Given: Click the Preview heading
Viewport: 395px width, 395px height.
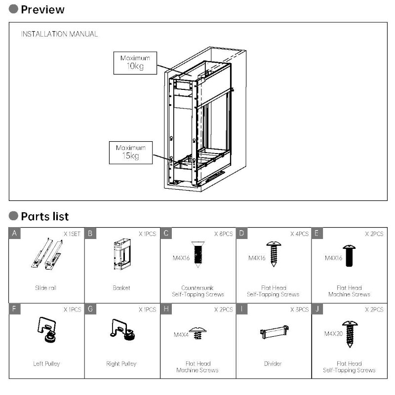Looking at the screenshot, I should tap(42, 9).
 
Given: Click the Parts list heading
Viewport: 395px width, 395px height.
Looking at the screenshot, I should tap(44, 216).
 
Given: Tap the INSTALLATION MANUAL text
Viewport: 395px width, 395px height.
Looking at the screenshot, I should tap(59, 34).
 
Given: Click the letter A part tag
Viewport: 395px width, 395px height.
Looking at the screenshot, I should tap(15, 234).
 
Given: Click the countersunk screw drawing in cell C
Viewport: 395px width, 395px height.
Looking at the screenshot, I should tap(197, 255).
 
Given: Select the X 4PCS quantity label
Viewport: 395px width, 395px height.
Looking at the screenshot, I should tap(299, 234).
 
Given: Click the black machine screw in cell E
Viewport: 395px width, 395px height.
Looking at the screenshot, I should tap(349, 256).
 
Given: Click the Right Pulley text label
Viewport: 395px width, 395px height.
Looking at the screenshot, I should tap(121, 364).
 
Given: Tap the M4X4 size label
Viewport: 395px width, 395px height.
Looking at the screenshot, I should tap(181, 334).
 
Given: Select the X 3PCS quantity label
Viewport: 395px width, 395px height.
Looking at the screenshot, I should tap(299, 310).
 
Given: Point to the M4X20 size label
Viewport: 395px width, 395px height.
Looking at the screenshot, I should tap(334, 334).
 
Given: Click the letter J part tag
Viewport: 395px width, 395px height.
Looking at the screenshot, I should tap(318, 310).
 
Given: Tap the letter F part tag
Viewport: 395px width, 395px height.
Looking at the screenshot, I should tap(15, 310).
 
